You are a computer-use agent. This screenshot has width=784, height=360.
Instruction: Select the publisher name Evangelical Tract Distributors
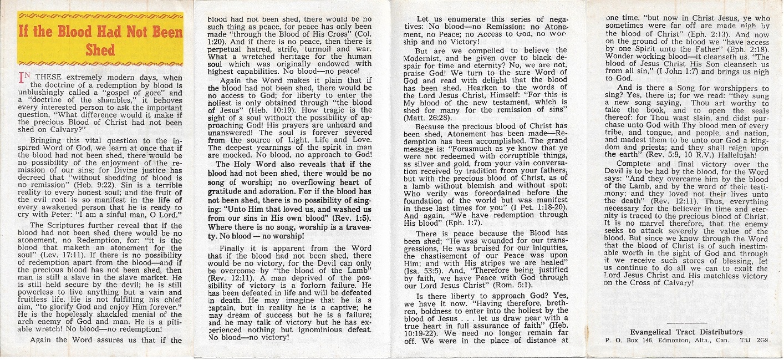[x=686, y=332]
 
